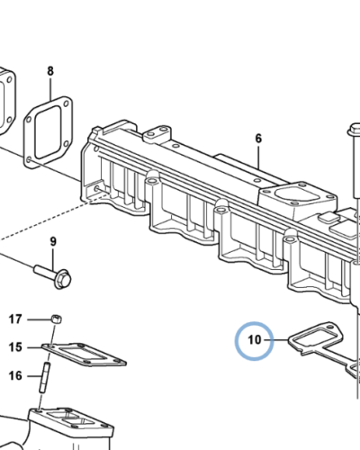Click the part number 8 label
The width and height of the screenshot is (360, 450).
coord(50,71)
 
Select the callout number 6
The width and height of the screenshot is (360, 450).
coord(258,139)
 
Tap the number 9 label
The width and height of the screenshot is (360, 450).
coord(53,241)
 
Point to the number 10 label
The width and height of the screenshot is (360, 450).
coord(255,339)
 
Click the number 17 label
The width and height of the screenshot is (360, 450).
coord(15,319)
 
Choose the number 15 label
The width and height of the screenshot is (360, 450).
coord(15,347)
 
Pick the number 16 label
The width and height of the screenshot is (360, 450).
coord(15,375)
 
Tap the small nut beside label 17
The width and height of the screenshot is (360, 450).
coord(57,319)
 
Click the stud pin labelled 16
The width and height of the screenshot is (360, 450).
coord(44,377)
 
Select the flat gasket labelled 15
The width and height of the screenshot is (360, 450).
coord(84,355)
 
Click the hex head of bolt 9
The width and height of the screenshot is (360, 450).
coord(63,279)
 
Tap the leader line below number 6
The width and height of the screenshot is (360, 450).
coord(258,156)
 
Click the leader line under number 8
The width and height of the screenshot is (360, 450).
coord(50,89)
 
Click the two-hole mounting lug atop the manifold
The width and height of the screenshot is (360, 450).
coord(157,133)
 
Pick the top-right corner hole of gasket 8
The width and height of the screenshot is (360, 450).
coord(67,103)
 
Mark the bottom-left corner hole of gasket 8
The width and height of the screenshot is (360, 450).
coord(29,160)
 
